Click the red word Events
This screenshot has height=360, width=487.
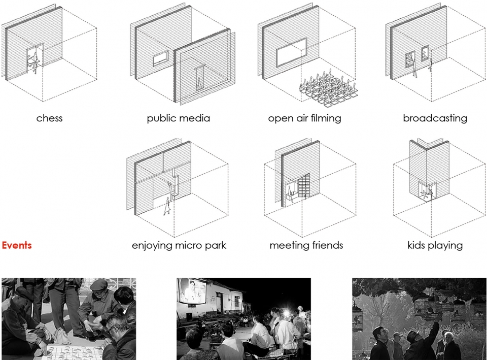tap(17, 245)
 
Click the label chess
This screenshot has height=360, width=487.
tap(49, 118)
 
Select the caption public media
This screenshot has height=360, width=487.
tap(178, 118)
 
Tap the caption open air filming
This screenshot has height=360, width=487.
tap(305, 118)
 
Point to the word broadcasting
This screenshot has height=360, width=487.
tap(435, 118)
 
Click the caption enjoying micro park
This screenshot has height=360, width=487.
tap(179, 246)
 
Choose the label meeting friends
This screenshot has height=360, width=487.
tap(306, 246)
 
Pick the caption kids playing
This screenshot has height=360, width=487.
tap(435, 246)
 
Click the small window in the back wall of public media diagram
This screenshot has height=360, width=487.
tap(161, 58)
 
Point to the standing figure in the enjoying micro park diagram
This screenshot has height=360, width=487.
tap(167, 206)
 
